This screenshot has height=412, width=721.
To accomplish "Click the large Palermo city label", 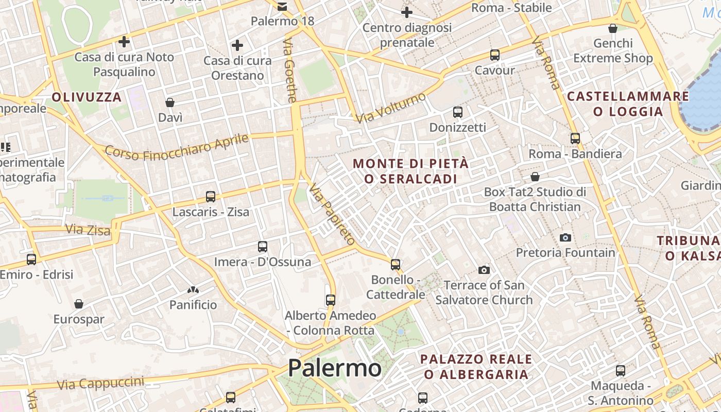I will click(334, 368).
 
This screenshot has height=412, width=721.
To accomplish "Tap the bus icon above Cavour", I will click(495, 55).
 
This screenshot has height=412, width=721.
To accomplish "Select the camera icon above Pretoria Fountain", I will click(565, 237).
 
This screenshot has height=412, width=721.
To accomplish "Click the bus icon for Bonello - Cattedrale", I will click(396, 264).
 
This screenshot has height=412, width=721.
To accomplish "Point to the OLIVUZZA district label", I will click(87, 97).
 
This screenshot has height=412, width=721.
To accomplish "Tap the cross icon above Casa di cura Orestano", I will click(237, 45).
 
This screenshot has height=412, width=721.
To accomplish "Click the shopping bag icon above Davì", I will click(170, 102).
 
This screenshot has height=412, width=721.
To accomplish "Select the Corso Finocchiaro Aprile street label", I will click(177, 146).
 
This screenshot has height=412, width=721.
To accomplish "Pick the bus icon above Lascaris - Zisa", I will click(211, 196).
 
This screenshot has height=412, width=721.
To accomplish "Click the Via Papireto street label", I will click(332, 214).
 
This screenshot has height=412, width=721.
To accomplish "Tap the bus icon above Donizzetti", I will click(458, 112).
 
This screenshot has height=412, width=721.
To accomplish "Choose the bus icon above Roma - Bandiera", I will click(575, 138).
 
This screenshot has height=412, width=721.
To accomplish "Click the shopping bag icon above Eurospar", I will click(79, 304).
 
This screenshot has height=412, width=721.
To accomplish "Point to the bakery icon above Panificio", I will click(193, 290).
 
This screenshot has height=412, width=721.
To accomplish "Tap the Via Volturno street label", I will click(392, 108).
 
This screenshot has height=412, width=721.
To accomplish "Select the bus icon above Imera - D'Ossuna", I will click(263, 246).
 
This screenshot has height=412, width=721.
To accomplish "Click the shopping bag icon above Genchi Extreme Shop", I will click(613, 28).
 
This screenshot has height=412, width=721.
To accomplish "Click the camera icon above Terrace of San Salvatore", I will click(484, 270).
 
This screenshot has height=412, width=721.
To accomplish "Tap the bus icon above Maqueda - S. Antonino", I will click(621, 370).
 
